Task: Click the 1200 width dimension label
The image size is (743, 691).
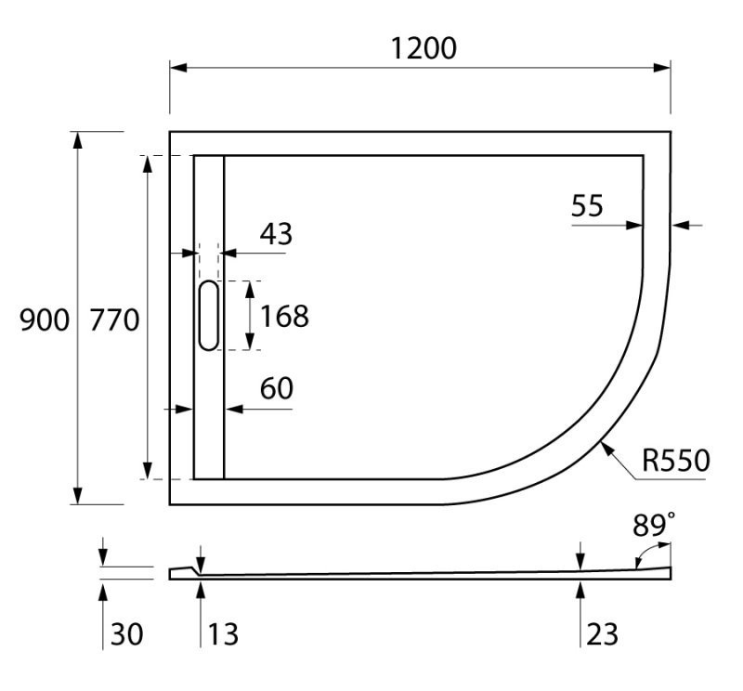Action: [423, 48]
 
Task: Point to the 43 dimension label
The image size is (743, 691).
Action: [275, 234]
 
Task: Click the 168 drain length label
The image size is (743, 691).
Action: [283, 317]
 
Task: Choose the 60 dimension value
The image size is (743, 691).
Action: [276, 389]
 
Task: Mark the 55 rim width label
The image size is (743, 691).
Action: [587, 205]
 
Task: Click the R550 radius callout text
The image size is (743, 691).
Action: [675, 461]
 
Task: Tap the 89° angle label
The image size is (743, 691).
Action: [654, 526]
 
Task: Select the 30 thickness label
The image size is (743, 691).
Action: [127, 634]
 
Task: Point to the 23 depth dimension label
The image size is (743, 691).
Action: [602, 634]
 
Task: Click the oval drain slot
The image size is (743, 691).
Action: [209, 316]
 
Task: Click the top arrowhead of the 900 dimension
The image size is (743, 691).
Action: [78, 139]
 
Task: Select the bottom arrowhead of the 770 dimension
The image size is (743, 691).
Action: [147, 471]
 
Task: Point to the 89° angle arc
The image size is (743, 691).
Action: [640, 555]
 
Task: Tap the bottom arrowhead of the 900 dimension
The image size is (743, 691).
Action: [78, 496]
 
